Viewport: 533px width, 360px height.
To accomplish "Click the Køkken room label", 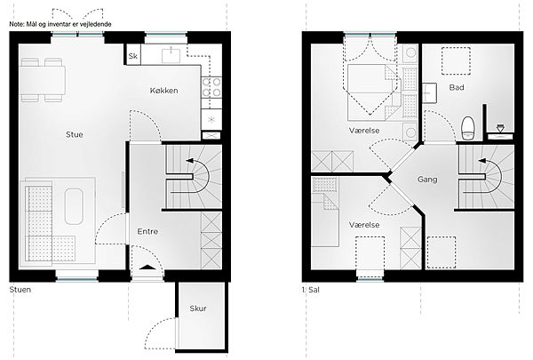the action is click(x=163, y=91).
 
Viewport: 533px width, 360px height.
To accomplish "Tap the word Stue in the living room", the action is click(x=75, y=134).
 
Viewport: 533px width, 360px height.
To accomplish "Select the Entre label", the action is click(x=147, y=231).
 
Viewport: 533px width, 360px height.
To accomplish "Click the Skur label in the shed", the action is click(x=198, y=308).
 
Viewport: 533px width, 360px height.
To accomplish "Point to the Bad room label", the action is click(x=457, y=87).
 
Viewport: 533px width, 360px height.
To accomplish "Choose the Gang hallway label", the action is click(x=427, y=180).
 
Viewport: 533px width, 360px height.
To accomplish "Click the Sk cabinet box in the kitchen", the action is click(x=133, y=55).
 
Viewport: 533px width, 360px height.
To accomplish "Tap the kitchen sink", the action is click(x=171, y=55).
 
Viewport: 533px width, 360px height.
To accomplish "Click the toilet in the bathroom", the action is click(x=468, y=128).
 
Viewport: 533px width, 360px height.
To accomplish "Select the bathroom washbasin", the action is click(x=430, y=92).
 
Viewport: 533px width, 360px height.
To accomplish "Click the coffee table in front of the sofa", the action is click(x=74, y=206).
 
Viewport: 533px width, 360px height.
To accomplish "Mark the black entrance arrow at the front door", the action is click(x=147, y=267).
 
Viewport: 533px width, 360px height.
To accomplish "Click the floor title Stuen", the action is click(x=20, y=290).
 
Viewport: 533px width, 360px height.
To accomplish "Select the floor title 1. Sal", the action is click(x=311, y=290).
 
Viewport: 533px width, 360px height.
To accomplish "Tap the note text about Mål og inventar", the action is click(x=60, y=24).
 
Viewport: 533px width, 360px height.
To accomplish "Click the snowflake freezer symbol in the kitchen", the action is click(x=211, y=119).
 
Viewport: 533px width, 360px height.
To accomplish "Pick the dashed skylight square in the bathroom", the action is click(x=456, y=61).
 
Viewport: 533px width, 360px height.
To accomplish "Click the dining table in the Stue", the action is click(x=43, y=80).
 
